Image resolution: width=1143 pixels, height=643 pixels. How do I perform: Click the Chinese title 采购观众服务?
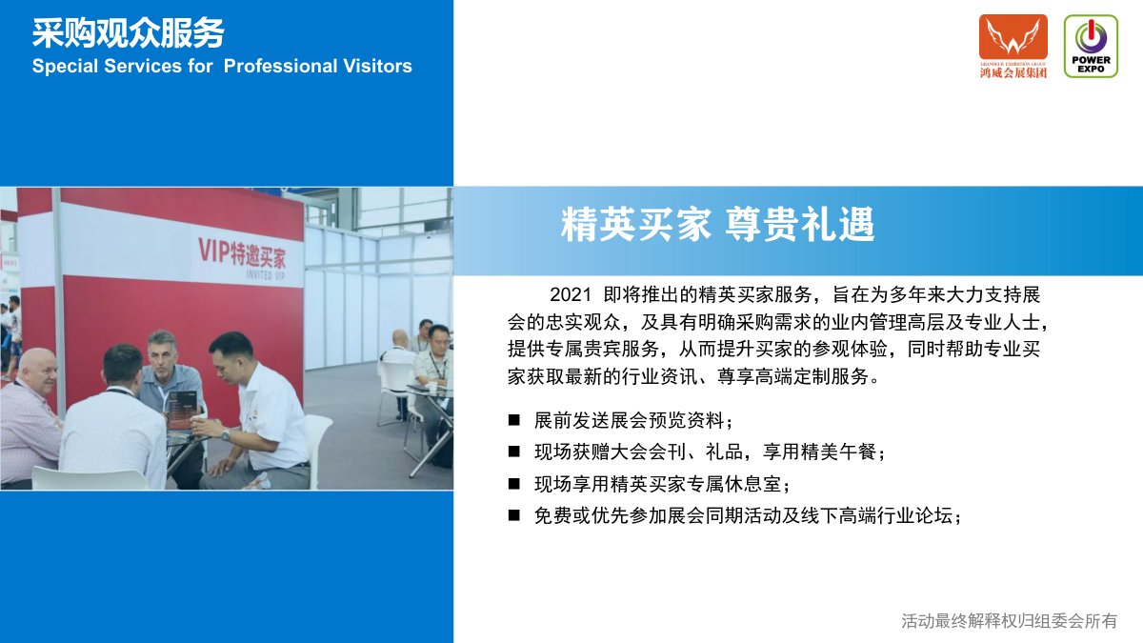(x=128, y=33)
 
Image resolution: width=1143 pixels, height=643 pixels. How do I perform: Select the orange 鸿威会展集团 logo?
(x=1013, y=47)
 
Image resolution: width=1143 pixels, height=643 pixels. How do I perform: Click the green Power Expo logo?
(x=1091, y=46)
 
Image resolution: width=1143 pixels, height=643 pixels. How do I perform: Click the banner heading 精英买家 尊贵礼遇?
(x=717, y=225)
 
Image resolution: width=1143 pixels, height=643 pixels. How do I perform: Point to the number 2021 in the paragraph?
(x=571, y=295)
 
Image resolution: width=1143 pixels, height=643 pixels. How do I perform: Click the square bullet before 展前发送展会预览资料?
(x=513, y=420)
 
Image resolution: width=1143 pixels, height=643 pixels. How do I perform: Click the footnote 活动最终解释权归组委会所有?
(x=1010, y=621)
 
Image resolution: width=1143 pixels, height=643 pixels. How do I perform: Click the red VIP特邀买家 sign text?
(x=242, y=253)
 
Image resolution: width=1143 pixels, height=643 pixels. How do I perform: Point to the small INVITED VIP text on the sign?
(x=266, y=275)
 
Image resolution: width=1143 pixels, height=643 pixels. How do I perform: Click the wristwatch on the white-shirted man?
(x=225, y=434)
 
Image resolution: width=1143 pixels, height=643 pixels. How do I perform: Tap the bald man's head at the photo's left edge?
(x=37, y=372)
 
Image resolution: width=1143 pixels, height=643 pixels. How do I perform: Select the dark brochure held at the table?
(x=183, y=409)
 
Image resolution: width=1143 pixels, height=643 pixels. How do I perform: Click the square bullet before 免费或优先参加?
(x=513, y=515)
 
